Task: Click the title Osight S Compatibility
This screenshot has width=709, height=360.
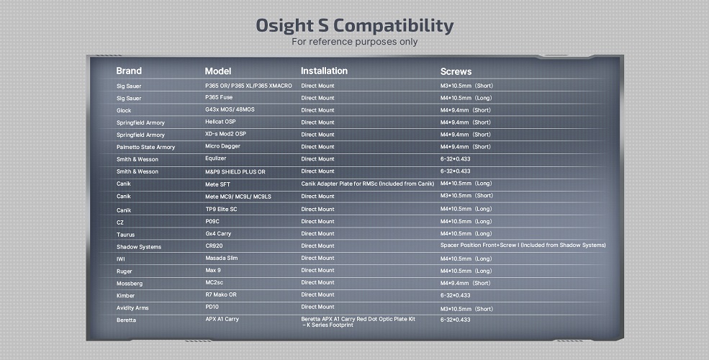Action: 354,26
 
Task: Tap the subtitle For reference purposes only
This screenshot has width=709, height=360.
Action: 354,42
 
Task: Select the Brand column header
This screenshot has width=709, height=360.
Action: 129,71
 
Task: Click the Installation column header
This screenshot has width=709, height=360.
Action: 324,71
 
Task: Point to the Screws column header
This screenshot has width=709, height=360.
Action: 456,71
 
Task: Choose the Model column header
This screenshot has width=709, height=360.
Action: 218,71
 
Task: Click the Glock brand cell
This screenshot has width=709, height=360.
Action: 124,110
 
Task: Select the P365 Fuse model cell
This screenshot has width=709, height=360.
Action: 219,97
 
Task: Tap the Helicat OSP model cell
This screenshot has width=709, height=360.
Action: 220,122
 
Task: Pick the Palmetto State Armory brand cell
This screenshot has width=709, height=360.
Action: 145,147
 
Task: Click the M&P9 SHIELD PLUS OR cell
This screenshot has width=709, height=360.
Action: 235,172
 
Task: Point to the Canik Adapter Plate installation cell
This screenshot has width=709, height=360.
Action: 368,184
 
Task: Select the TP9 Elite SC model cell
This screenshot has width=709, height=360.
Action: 221,209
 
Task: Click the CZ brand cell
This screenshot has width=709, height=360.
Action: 119,222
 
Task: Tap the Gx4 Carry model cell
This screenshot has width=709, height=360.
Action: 218,234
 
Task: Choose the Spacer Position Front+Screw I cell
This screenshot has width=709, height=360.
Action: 523,245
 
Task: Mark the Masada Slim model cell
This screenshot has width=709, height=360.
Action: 222,258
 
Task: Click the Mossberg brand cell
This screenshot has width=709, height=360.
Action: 130,284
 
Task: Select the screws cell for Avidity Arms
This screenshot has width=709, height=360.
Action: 466,309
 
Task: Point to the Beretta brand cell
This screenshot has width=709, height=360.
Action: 126,320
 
